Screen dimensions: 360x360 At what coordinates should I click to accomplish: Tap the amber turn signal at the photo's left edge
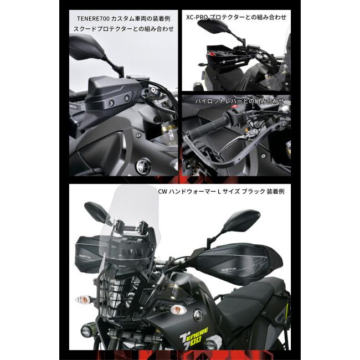83,301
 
